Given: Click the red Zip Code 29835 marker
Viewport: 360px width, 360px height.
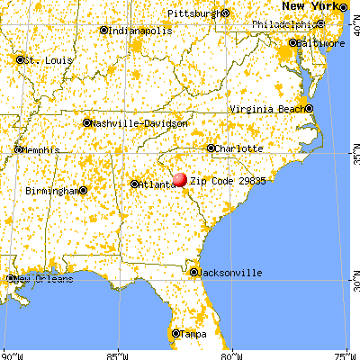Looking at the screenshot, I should pyautogui.click(x=180, y=180).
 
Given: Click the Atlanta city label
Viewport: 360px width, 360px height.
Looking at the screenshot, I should pyautogui.click(x=157, y=184).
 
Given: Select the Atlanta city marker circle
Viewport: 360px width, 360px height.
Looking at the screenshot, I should pyautogui.click(x=135, y=184).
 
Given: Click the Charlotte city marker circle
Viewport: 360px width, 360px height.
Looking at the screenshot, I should pyautogui.click(x=211, y=148).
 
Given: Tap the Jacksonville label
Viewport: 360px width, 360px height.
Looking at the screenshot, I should pyautogui.click(x=231, y=272).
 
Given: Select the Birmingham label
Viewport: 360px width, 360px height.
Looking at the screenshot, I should pyautogui.click(x=51, y=191).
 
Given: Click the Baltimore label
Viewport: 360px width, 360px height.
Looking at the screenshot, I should pyautogui.click(x=321, y=43).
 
